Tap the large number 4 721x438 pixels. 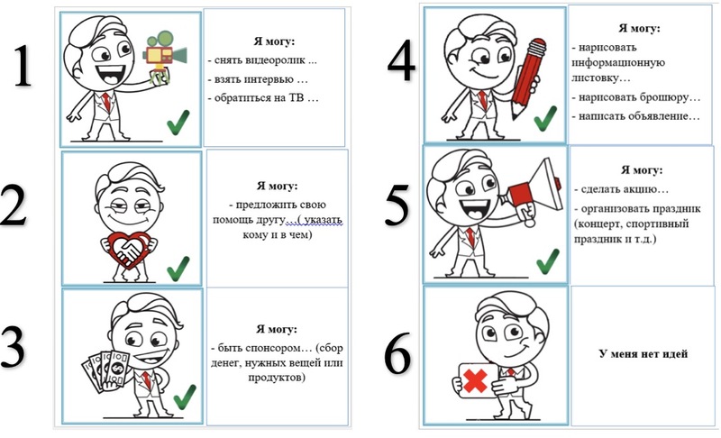[x=401, y=60]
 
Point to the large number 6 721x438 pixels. [x=397, y=352]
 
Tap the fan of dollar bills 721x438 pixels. [x=105, y=371]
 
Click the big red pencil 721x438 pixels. [x=528, y=78]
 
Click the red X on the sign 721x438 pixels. [x=475, y=381]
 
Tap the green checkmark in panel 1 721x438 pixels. [x=178, y=123]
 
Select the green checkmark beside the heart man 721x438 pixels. [x=178, y=269]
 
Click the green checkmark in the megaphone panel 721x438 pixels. [x=548, y=261]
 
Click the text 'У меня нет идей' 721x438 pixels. [x=643, y=353]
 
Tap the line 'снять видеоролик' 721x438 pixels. [x=262, y=60]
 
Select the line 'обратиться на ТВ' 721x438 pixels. [x=263, y=98]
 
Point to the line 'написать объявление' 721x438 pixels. [x=636, y=116]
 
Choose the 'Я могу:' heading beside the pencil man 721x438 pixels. [x=639, y=28]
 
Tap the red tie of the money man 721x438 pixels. [x=147, y=379]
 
